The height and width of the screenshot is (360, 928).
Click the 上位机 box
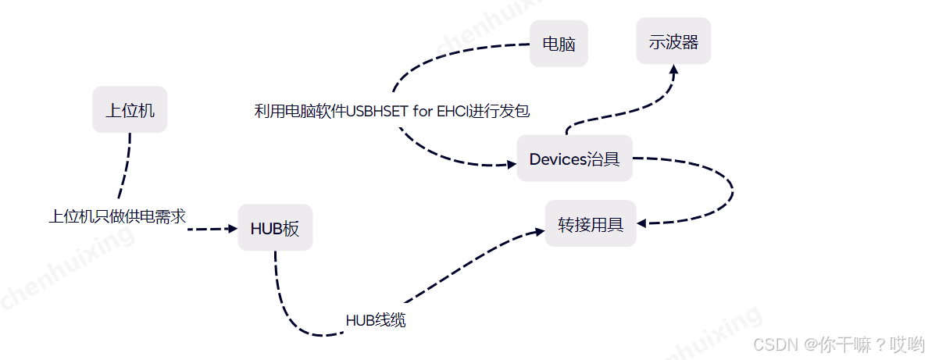[x=130, y=110]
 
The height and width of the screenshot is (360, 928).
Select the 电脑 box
[x=559, y=44]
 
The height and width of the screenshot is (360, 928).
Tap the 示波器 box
[x=673, y=41]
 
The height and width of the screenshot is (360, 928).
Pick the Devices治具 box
[x=574, y=159]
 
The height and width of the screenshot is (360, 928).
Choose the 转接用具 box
[x=591, y=225]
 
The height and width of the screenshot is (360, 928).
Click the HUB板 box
[x=275, y=229]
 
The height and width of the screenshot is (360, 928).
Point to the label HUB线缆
[x=376, y=320]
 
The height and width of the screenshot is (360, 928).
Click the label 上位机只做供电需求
[x=117, y=216]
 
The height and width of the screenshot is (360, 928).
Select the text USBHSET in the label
[x=377, y=111]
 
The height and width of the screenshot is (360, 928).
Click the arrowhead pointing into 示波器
[x=673, y=70]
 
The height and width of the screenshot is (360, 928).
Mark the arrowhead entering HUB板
[x=231, y=229]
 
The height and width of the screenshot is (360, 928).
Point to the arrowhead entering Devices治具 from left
[x=511, y=164]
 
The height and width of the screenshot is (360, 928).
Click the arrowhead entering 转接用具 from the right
[x=642, y=223]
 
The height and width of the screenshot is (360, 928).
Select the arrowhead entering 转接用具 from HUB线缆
[x=539, y=232]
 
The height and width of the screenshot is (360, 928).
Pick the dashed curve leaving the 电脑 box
[x=437, y=55]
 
